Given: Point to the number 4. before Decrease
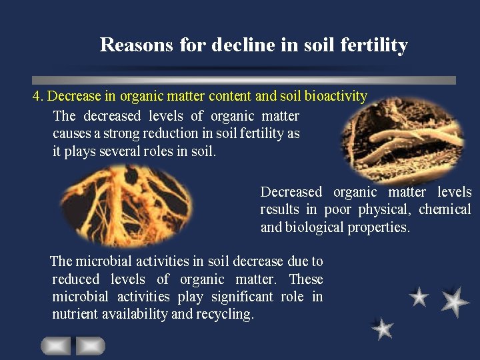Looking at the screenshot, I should point(38,96).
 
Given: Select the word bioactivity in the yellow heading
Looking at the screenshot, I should point(335,96).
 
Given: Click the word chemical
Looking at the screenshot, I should point(445,209).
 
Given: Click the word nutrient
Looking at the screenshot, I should point(75,314).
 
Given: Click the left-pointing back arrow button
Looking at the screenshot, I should point(56,345).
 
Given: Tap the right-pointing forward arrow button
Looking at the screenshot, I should point(90,345).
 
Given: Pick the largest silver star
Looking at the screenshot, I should point(455,301).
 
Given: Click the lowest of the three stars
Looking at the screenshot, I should point(383,328).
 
